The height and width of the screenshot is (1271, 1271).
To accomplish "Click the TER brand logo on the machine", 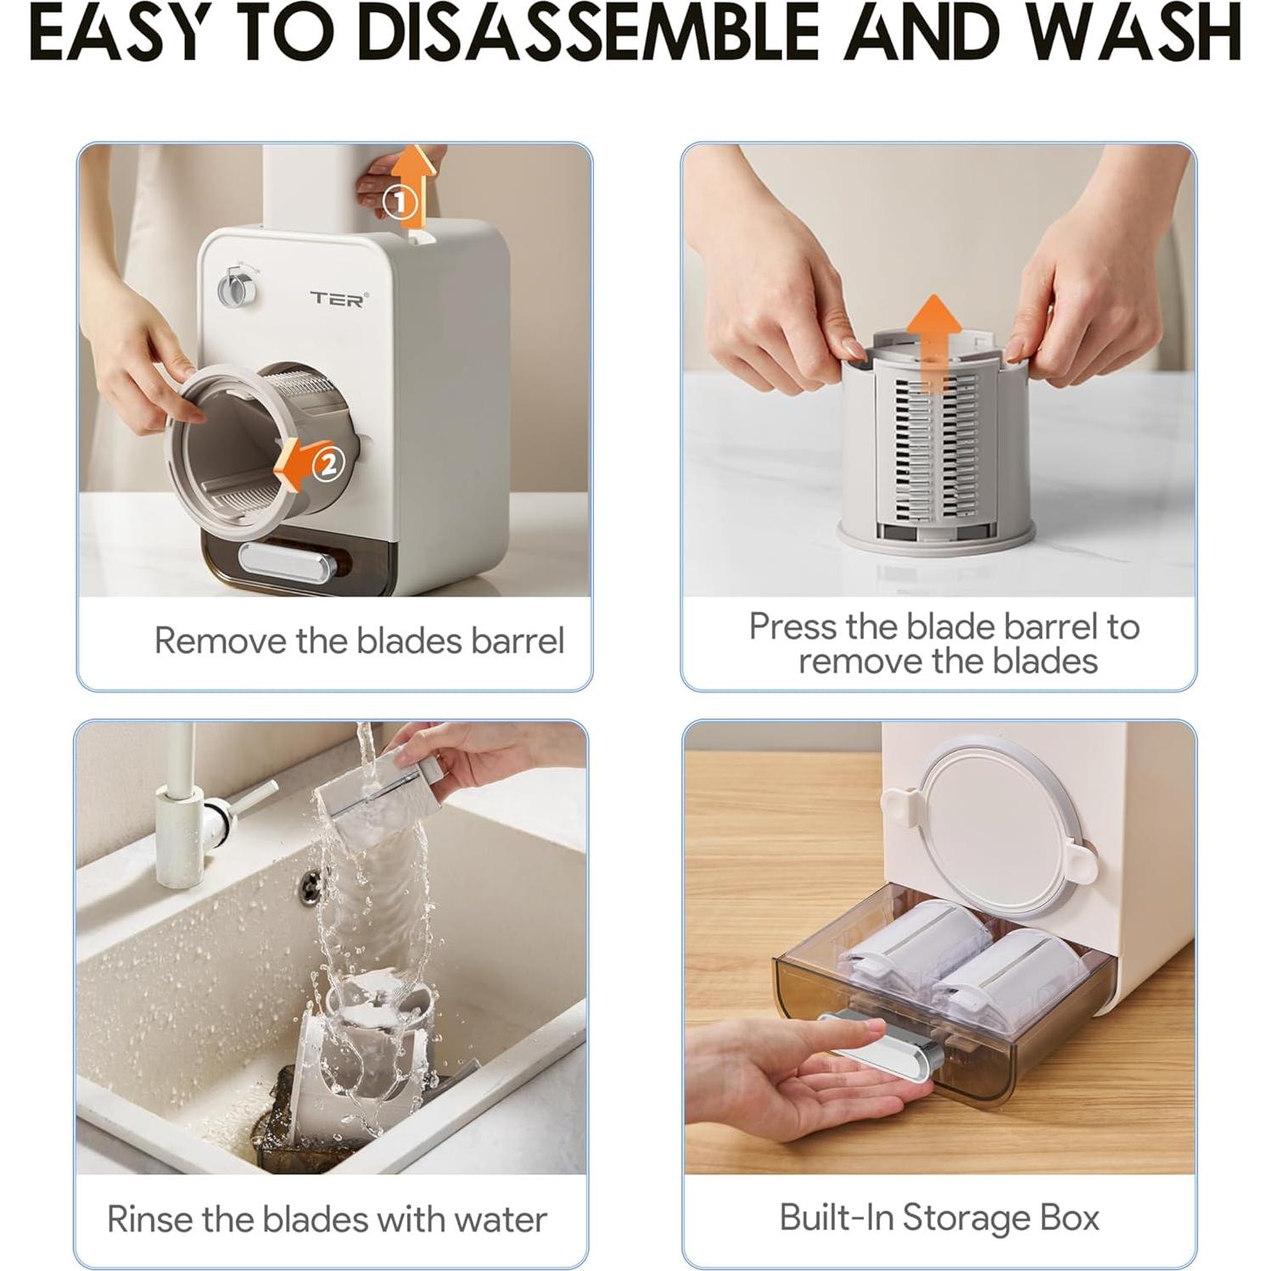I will pos(338,298).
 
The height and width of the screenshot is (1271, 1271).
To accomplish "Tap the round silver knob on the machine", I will pos(234,288).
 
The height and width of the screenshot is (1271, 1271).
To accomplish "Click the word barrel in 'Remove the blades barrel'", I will pos(517,641).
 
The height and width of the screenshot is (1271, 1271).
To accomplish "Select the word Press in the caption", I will pos(793,627).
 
